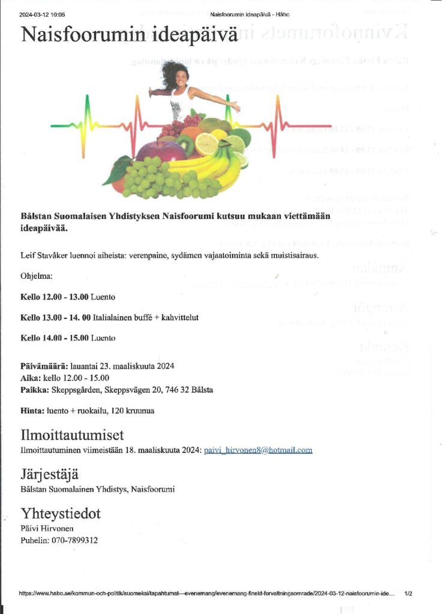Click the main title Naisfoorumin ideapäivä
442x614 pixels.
click(130, 35)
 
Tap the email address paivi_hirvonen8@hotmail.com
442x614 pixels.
click(258, 450)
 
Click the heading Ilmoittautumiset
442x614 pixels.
click(72, 435)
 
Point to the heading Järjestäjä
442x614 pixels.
click(49, 475)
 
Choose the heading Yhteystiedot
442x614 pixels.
click(61, 514)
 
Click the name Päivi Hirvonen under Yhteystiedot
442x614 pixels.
click(47, 528)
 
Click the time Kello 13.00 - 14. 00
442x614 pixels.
click(55, 317)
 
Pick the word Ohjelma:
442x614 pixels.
click(36, 276)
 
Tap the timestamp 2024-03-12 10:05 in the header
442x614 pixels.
click(42, 14)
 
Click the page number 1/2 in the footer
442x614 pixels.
click(408, 594)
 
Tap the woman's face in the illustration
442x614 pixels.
click(178, 77)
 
